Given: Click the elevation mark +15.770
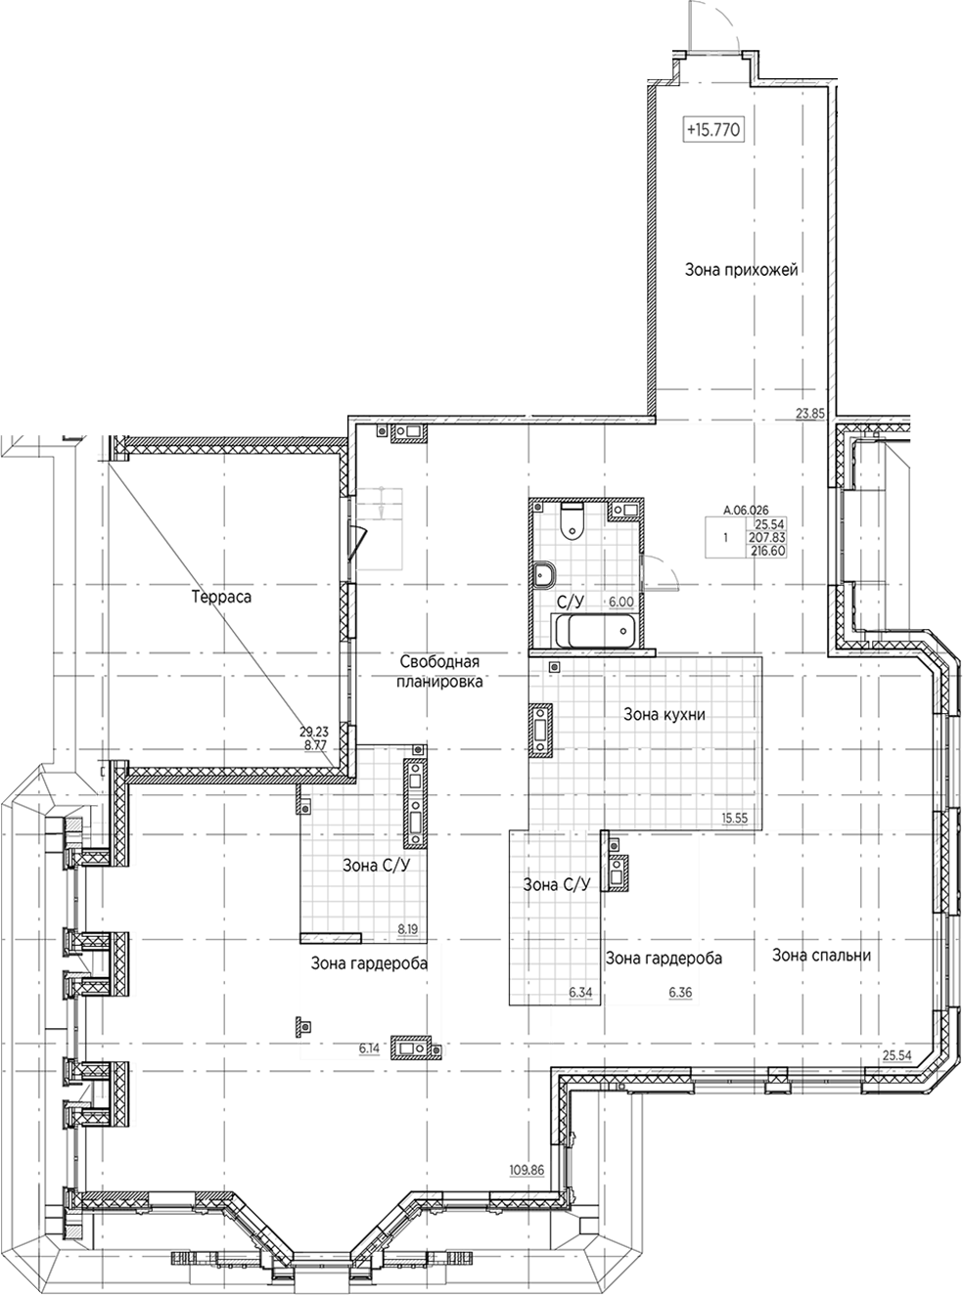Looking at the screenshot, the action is click(x=714, y=130).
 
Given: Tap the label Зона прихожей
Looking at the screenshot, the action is click(x=742, y=270).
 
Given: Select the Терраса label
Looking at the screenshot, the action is click(x=221, y=598).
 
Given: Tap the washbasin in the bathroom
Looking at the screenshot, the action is click(x=545, y=575).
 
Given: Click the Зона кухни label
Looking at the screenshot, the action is click(x=665, y=714).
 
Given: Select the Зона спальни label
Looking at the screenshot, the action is click(x=822, y=955).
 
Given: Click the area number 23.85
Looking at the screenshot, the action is click(x=810, y=414).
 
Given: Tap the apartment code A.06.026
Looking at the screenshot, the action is click(x=746, y=511).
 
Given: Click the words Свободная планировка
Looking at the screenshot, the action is click(x=439, y=671).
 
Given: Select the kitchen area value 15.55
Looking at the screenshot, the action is click(x=735, y=818).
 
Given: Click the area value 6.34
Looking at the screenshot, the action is click(x=581, y=992).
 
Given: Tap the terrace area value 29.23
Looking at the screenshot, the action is click(x=314, y=732).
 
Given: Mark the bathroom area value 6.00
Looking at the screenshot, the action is click(x=621, y=602).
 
